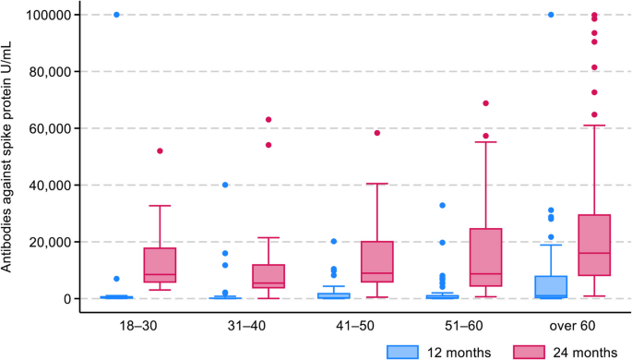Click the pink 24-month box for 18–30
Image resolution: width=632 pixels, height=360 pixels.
[x=161, y=265]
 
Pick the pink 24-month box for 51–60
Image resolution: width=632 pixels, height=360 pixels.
[x=485, y=258]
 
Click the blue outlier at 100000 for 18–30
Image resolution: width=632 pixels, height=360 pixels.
[x=117, y=15]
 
